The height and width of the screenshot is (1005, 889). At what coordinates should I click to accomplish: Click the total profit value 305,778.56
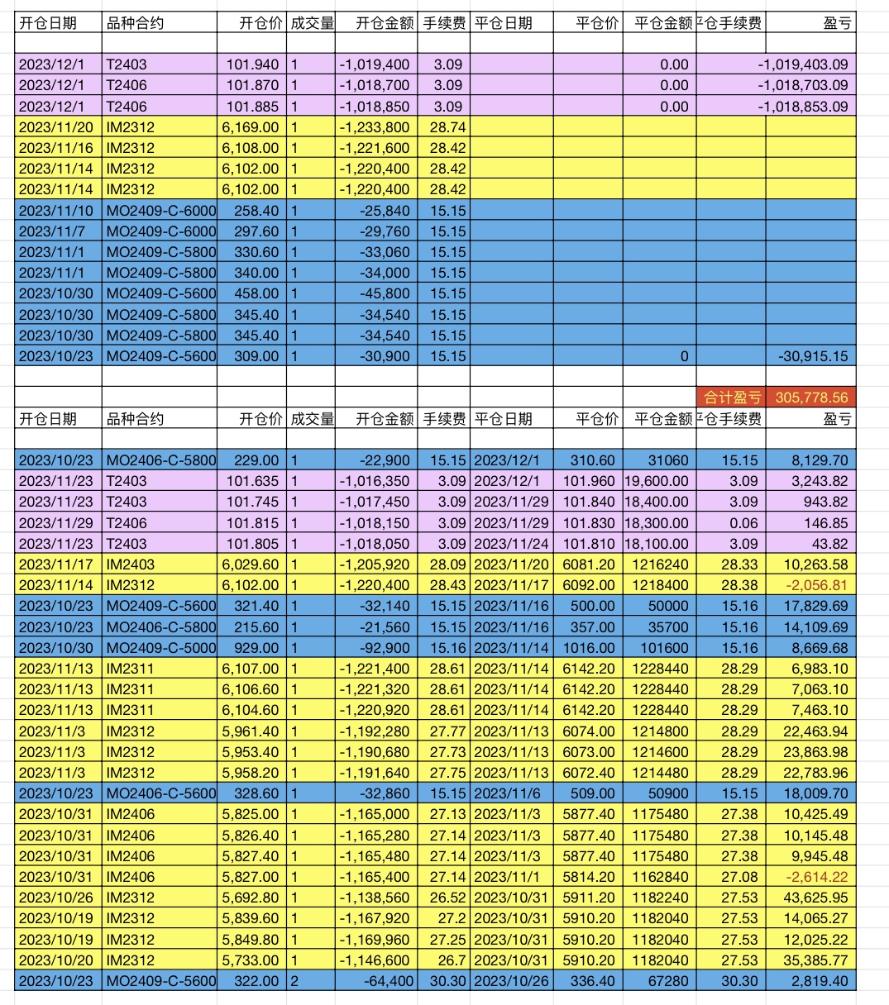(x=811, y=398)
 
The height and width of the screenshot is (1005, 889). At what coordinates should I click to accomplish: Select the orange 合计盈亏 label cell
(x=731, y=398)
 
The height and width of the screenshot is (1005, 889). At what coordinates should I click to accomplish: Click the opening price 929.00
(x=257, y=648)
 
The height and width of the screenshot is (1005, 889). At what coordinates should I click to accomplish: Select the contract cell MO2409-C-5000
(x=161, y=648)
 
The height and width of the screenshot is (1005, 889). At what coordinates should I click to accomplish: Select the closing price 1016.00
(x=589, y=648)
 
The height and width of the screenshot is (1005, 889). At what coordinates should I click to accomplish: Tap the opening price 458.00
(x=257, y=293)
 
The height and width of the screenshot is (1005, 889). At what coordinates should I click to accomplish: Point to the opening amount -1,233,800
(x=375, y=127)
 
